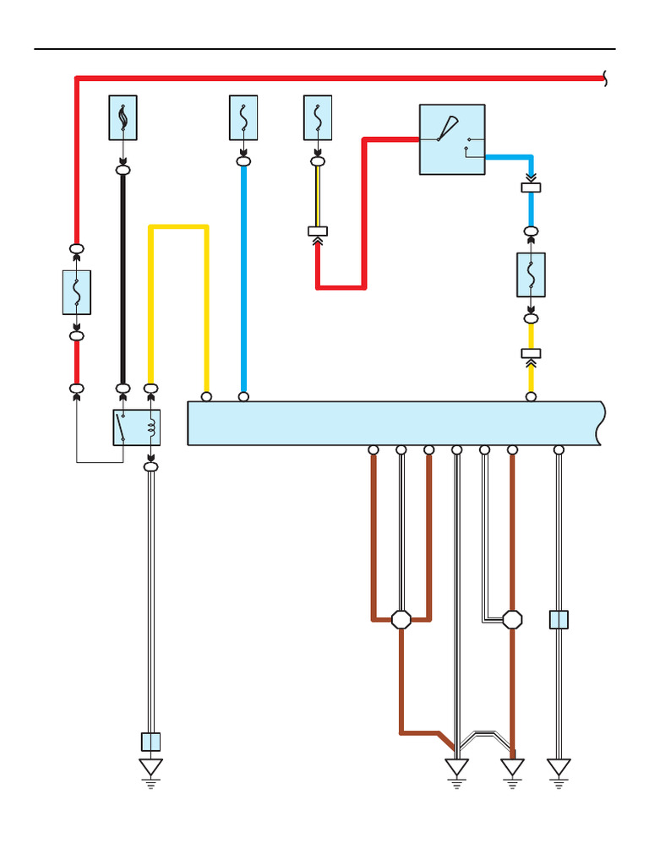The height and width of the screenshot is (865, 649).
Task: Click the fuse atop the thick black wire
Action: point(123,117)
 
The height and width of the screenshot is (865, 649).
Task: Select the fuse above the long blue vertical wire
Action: point(243,117)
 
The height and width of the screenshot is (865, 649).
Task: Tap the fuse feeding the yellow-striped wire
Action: point(318,117)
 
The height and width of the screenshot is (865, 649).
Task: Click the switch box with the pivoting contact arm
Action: point(452,139)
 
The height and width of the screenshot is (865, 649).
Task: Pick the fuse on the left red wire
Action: point(77,292)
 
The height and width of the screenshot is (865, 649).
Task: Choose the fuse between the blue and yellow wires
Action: point(531,275)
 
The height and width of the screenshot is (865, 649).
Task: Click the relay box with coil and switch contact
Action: point(137,427)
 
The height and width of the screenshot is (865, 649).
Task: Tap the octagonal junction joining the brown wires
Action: point(401,620)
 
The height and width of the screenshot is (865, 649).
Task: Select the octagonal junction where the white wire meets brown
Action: point(512,620)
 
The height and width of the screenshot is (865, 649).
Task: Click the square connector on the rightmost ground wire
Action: point(559,620)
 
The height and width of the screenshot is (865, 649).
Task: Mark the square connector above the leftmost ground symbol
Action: point(150,742)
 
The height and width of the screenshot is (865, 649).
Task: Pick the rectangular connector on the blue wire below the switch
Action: point(531,188)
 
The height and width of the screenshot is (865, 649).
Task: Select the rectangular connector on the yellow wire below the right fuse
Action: point(531,353)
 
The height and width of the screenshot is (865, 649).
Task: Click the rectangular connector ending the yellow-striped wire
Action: point(318,231)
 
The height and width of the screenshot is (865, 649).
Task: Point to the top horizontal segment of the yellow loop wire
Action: point(178,226)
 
